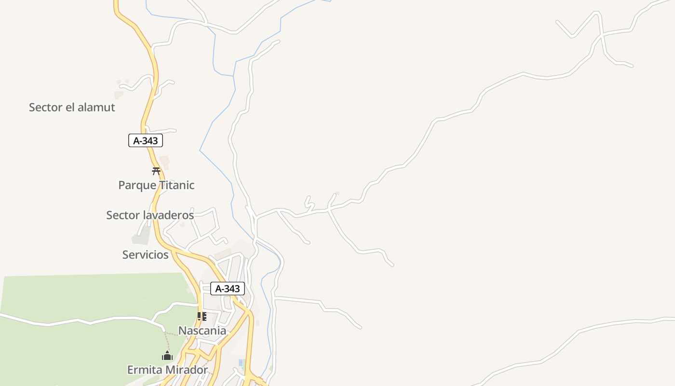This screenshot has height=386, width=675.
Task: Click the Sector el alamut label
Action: click(x=72, y=107)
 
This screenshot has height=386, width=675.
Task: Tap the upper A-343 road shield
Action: click(x=146, y=141)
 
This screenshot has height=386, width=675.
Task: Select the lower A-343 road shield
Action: click(x=228, y=289)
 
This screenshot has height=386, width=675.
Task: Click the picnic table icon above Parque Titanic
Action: click(x=156, y=171)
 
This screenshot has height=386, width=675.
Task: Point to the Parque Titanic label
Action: click(x=156, y=185)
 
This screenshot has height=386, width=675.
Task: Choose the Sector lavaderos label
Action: click(x=150, y=215)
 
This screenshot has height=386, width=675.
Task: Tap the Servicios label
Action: click(x=145, y=255)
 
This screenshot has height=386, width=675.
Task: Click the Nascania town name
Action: click(x=202, y=331)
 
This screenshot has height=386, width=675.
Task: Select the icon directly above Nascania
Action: click(x=202, y=317)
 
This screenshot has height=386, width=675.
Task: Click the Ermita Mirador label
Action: click(x=167, y=370)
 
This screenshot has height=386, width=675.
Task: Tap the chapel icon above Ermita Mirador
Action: click(x=167, y=356)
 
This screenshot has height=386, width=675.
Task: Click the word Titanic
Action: click(x=176, y=185)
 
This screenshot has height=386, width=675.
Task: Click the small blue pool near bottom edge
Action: click(x=241, y=362)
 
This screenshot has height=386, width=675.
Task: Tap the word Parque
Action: click(x=137, y=185)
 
